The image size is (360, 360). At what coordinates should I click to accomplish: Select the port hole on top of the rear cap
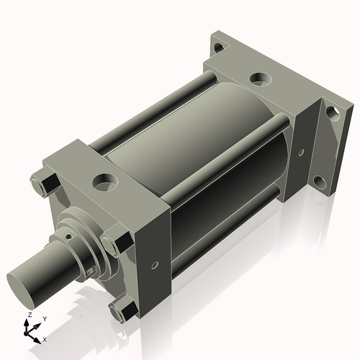point(260,78)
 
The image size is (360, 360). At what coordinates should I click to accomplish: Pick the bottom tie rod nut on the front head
point(119,311)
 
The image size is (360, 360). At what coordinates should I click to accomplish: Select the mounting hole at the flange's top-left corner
point(218,48)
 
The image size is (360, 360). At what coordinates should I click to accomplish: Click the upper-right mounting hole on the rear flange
point(332,112)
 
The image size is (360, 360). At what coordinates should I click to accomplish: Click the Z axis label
point(28,315)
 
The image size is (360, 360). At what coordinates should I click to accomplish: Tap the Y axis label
point(44,319)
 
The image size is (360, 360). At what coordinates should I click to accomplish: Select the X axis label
point(45,338)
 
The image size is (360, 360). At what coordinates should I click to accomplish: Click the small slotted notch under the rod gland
point(91,269)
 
